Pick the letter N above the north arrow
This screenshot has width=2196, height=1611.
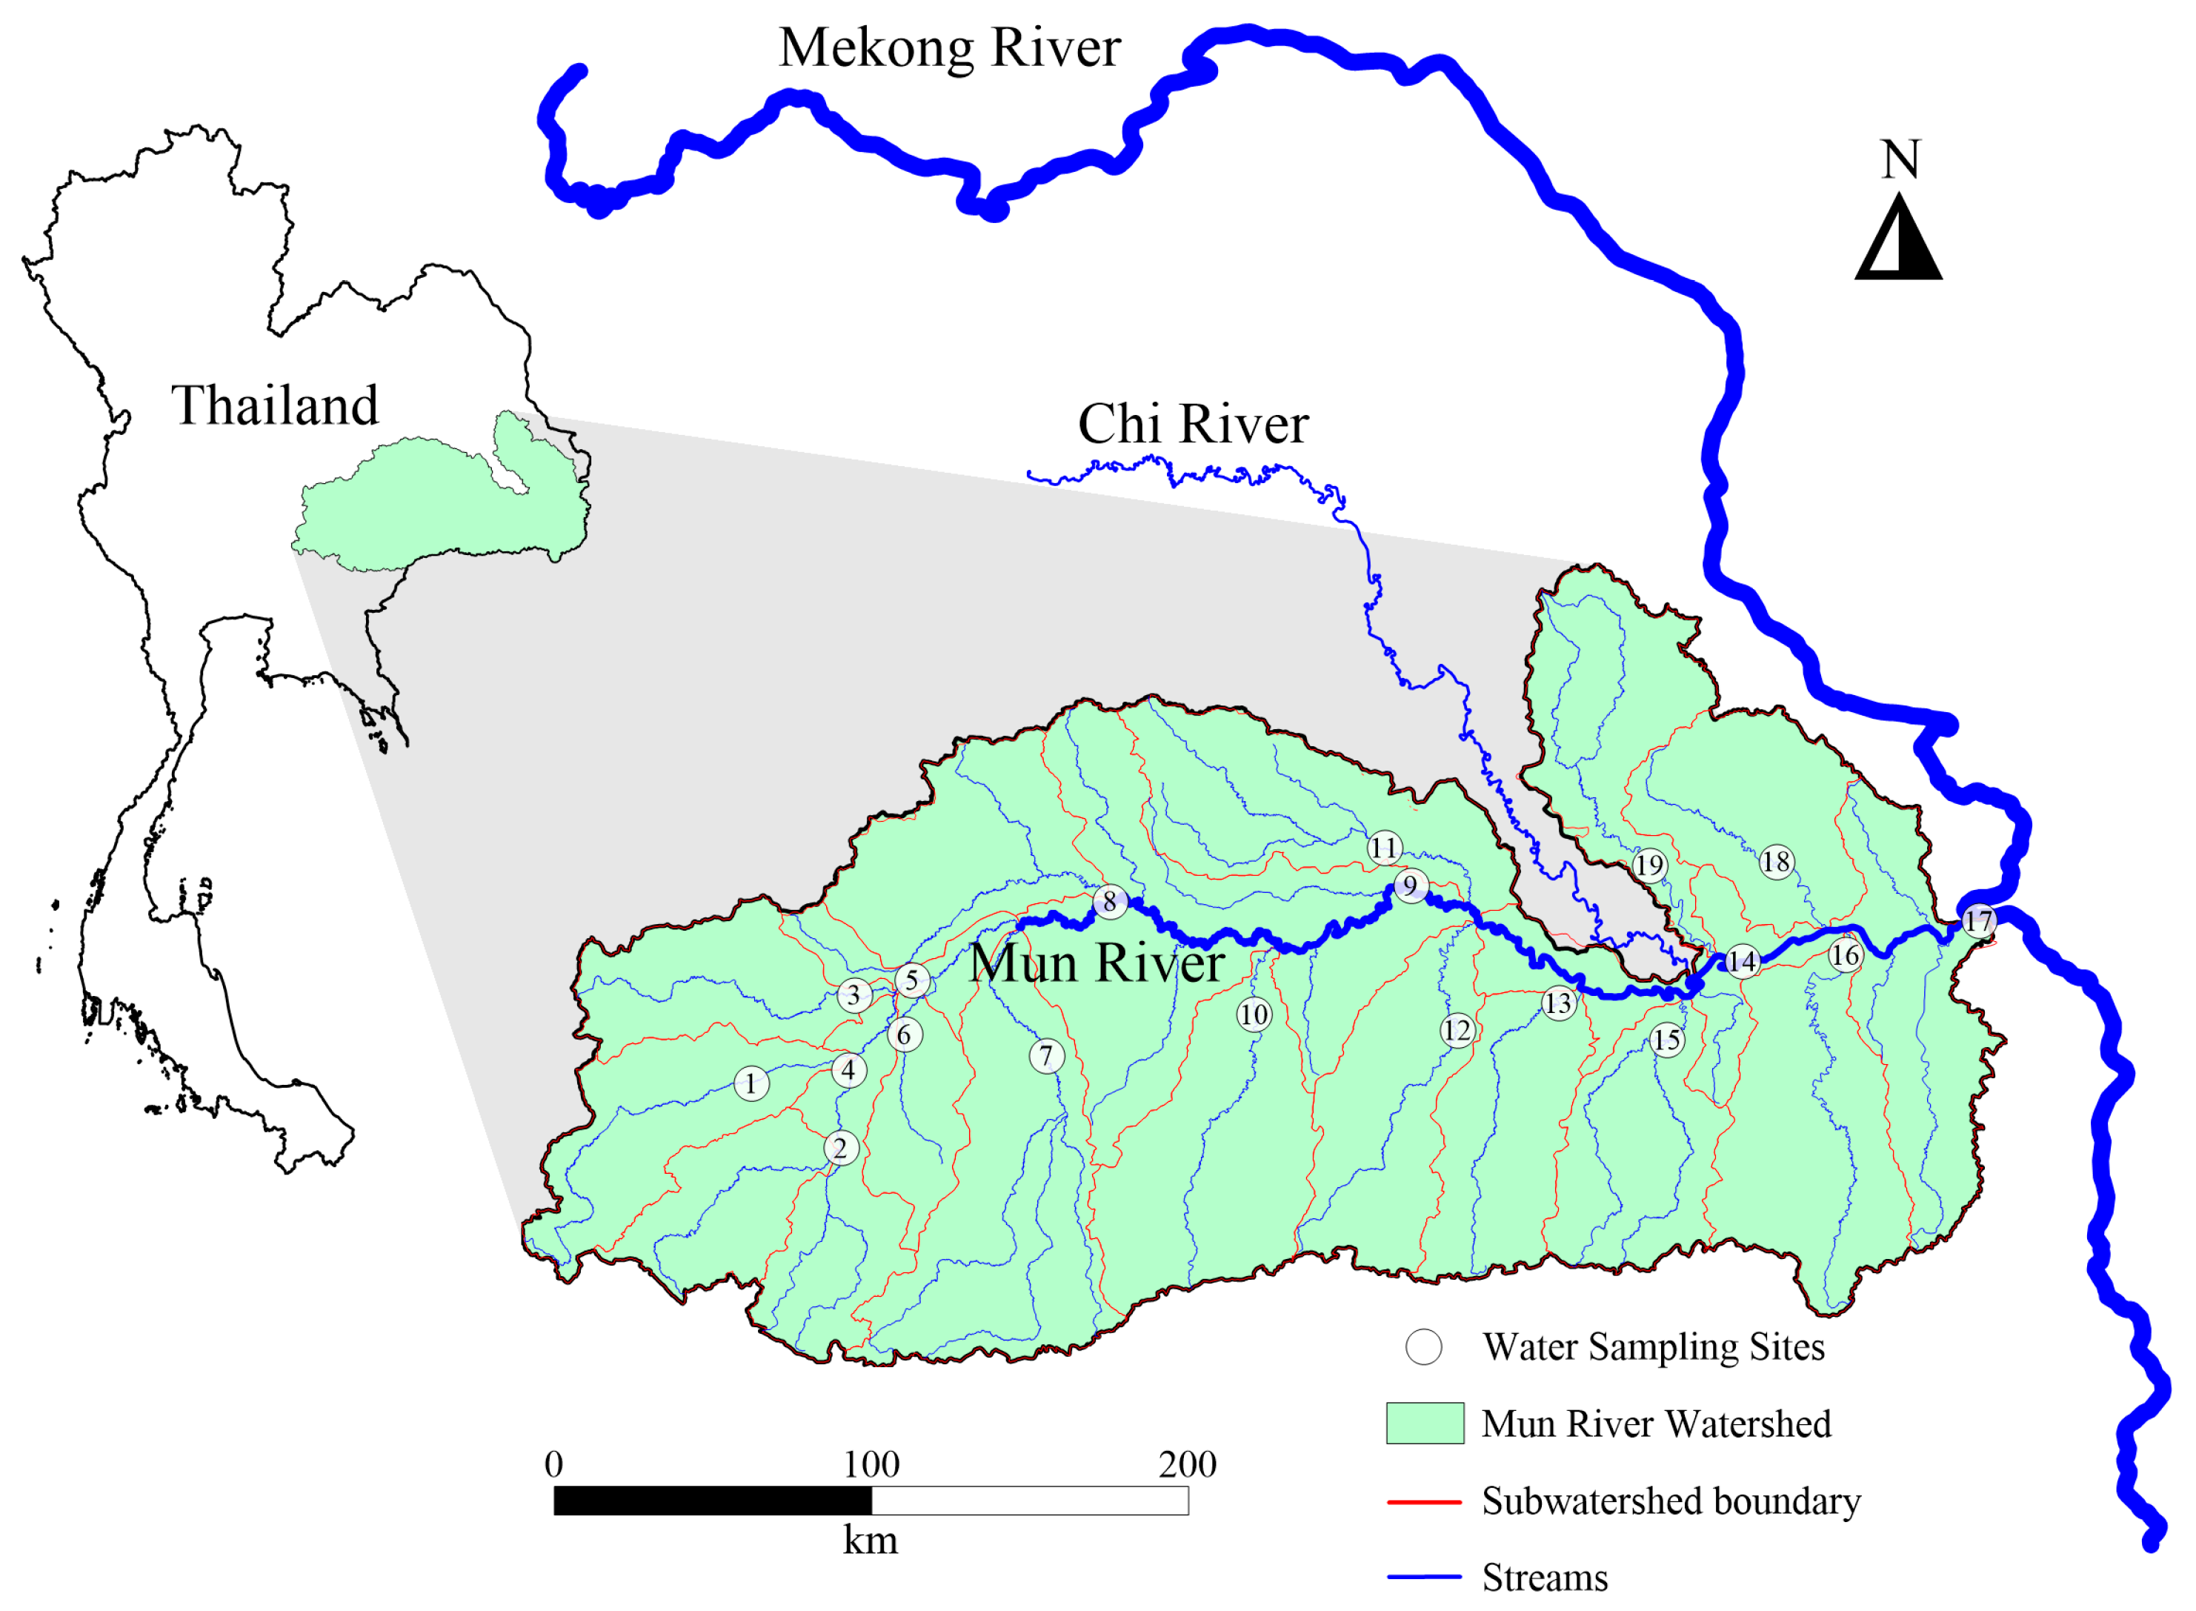pyautogui.click(x=1900, y=159)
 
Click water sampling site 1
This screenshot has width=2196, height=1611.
pyautogui.click(x=751, y=1083)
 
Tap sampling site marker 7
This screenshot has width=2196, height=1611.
pyautogui.click(x=1046, y=1056)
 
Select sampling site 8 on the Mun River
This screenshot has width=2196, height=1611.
pyautogui.click(x=1110, y=902)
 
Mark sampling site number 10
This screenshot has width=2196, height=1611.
pyautogui.click(x=1254, y=1015)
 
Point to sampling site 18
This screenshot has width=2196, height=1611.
pyautogui.click(x=1777, y=862)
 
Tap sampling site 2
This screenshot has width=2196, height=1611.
pyautogui.click(x=841, y=1148)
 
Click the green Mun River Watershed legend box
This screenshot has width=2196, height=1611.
pyautogui.click(x=1425, y=1423)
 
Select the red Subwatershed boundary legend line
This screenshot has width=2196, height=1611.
pyautogui.click(x=1425, y=1502)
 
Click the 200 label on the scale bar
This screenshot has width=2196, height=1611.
pyautogui.click(x=1188, y=1465)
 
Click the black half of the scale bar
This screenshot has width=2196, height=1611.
pyautogui.click(x=712, y=1501)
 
